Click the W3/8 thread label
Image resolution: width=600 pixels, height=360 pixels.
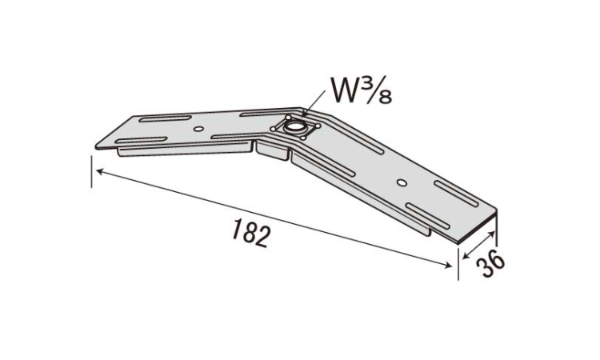pyautogui.click(x=362, y=91)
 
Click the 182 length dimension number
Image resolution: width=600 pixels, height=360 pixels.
pyautogui.click(x=250, y=233)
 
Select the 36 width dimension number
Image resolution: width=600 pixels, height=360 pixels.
pyautogui.click(x=491, y=262)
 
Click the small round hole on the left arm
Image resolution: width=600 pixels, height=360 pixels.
pyautogui.click(x=198, y=129)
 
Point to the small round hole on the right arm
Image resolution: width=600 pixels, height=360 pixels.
pyautogui.click(x=402, y=182)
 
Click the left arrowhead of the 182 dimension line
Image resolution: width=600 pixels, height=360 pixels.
pyautogui.click(x=100, y=172)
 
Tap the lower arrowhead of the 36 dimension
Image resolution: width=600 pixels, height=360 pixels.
pyautogui.click(x=466, y=255)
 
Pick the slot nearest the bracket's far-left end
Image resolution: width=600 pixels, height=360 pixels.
pyautogui.click(x=141, y=140)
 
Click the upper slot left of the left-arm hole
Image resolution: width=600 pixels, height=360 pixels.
pyautogui.click(x=165, y=118)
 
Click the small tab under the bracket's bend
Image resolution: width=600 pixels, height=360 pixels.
pyautogui.click(x=272, y=150)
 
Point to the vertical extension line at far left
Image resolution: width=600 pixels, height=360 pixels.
pyautogui.click(x=92, y=171)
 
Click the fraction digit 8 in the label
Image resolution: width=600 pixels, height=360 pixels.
pyautogui.click(x=385, y=97)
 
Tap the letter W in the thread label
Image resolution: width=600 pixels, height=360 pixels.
pyautogui.click(x=344, y=90)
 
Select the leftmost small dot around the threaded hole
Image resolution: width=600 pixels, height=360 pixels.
pyautogui.click(x=273, y=130)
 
